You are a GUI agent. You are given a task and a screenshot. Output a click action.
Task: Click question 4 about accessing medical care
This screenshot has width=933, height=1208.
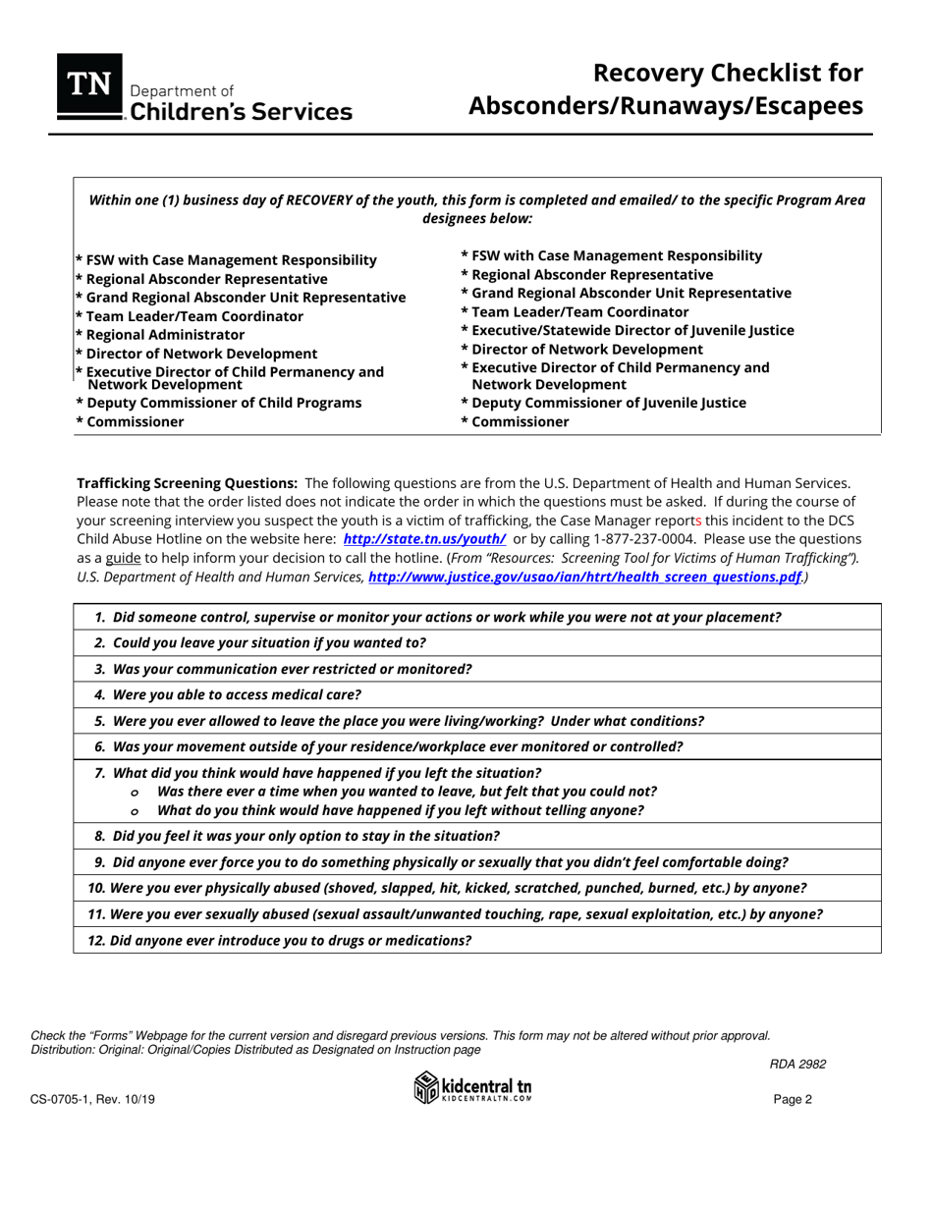point(236,694)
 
